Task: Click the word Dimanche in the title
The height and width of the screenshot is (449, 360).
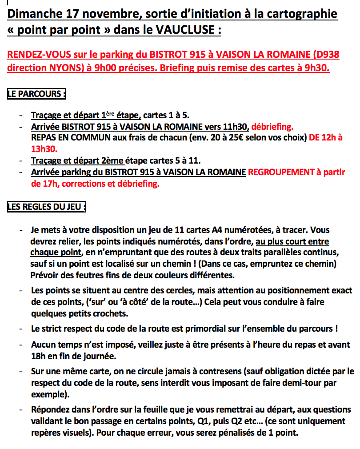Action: (29, 14)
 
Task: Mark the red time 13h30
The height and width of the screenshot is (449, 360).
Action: (44, 149)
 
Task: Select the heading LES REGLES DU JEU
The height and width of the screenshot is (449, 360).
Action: (46, 207)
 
